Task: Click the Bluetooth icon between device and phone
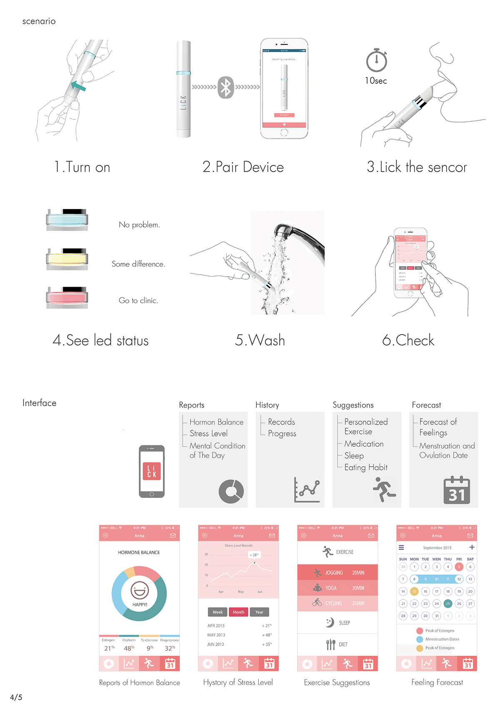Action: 225,87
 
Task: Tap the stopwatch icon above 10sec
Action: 377,61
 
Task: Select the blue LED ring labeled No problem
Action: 67,219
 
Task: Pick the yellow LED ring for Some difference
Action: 67,259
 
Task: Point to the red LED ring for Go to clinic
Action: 67,297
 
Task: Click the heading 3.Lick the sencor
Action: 417,167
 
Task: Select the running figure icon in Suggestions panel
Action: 383,489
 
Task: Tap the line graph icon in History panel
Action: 307,490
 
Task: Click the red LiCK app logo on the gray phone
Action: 152,471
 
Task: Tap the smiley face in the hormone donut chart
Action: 140,590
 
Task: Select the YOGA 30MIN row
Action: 337,588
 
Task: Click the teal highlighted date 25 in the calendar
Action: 448,603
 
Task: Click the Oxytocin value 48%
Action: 129,648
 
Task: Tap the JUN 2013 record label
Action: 216,644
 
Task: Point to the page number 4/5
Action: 16,697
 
